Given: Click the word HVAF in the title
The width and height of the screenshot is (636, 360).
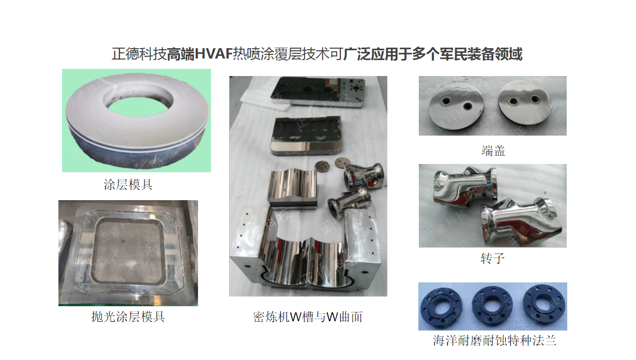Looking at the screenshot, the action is (214, 54).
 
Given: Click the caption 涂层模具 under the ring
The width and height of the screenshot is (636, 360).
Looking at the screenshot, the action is (128, 185).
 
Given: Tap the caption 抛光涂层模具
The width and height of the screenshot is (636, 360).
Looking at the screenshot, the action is (128, 317).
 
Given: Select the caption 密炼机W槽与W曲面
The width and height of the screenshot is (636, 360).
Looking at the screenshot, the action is (308, 317).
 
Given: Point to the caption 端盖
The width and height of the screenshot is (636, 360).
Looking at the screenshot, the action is (493, 151).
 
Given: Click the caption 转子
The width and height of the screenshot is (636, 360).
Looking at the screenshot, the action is (493, 258).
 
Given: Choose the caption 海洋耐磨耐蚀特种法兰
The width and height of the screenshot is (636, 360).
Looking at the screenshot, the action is (494, 340).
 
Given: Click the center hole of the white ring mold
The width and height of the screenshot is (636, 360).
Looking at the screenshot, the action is (137, 107).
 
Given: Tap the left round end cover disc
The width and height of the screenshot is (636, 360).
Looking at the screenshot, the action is (456, 107).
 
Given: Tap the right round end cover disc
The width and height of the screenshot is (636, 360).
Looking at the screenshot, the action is (524, 106).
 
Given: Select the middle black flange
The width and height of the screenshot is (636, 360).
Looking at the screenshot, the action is (492, 307).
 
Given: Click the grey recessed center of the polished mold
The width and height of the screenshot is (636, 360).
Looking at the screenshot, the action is (128, 251).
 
